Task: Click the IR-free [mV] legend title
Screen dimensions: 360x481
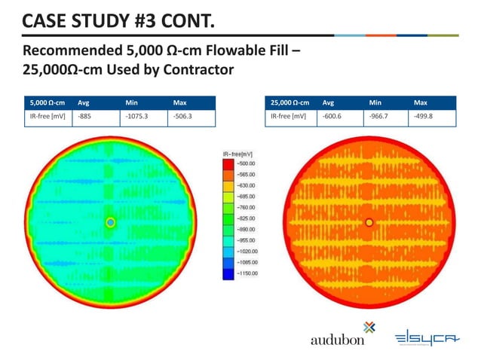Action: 238,153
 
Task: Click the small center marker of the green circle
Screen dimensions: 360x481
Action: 111,222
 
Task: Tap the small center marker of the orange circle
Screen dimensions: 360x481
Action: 369,222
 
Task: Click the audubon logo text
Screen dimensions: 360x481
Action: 338,340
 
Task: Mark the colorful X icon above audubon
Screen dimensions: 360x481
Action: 368,326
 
